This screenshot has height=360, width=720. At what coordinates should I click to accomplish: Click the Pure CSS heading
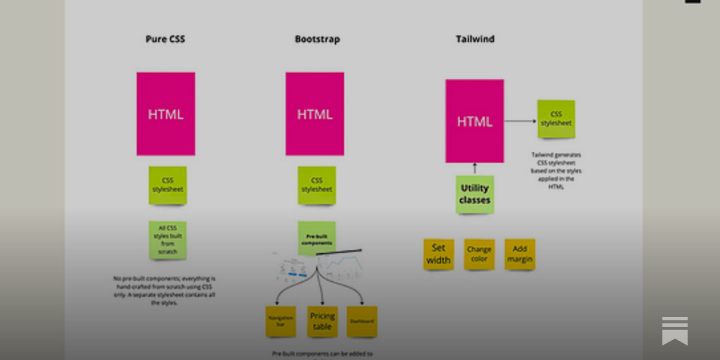coord(165,39)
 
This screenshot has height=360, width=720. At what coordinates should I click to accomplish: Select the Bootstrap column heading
coord(317,39)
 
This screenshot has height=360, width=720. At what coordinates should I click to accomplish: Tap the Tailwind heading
coord(475,39)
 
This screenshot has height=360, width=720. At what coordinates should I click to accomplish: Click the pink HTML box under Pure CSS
coord(166,114)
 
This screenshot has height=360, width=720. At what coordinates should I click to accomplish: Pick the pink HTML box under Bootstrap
coord(315,114)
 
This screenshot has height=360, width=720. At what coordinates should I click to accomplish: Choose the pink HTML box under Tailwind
coord(474,121)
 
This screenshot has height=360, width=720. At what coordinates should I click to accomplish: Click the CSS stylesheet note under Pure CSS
coord(167,185)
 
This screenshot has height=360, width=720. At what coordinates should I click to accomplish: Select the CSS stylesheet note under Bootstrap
coord(316,185)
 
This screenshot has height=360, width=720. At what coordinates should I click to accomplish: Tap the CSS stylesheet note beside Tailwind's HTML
coord(556,119)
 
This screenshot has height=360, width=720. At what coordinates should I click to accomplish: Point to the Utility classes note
coord(474,194)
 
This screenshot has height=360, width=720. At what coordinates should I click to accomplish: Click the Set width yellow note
coord(438,254)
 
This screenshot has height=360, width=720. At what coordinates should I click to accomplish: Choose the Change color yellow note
coord(479,254)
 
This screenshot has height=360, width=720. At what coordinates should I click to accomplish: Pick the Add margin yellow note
coord(520,254)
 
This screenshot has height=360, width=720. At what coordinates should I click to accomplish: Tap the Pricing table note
coord(322,321)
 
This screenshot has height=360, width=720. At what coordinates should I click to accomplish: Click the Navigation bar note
coord(280,321)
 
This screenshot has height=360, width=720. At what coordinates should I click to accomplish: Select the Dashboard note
coord(362,321)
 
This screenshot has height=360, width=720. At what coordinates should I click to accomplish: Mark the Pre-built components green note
coord(316,238)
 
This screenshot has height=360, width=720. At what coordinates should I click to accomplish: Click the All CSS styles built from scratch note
coord(167,240)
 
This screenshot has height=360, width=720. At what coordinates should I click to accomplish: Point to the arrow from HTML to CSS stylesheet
coord(520,121)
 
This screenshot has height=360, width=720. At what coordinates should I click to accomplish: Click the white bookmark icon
coord(675,331)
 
